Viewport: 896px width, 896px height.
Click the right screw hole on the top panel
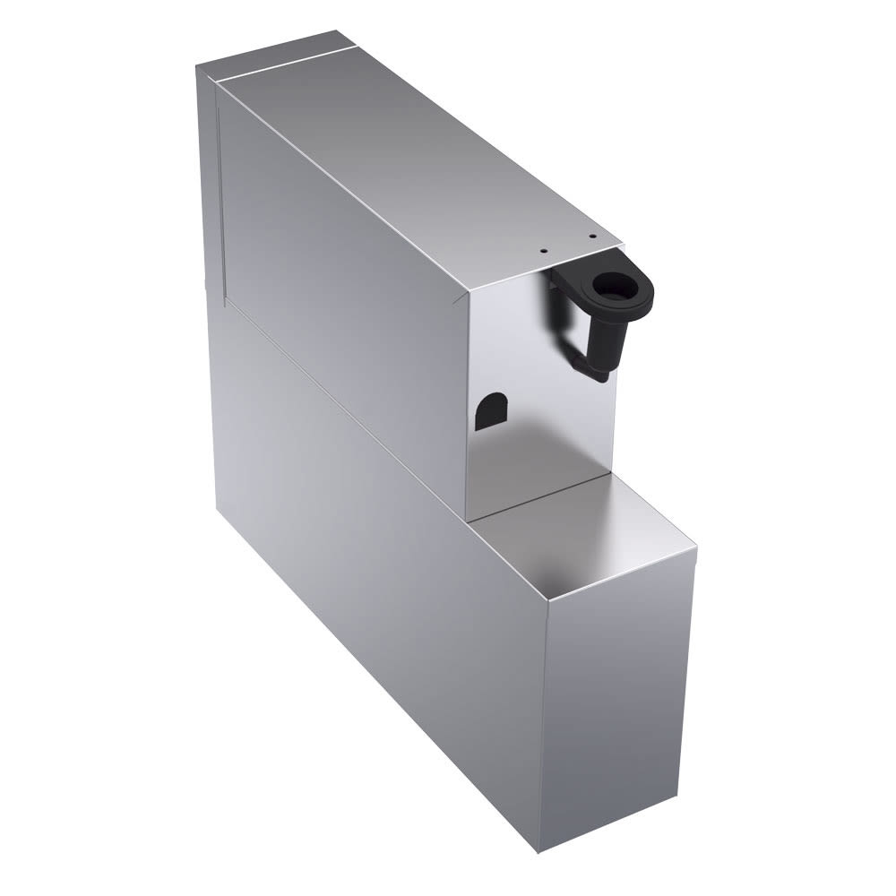(x=592, y=237)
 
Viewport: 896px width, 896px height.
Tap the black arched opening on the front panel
(x=488, y=414)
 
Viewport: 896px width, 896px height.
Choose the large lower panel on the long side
(x=376, y=556)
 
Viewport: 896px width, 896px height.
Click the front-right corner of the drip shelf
(x=695, y=547)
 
